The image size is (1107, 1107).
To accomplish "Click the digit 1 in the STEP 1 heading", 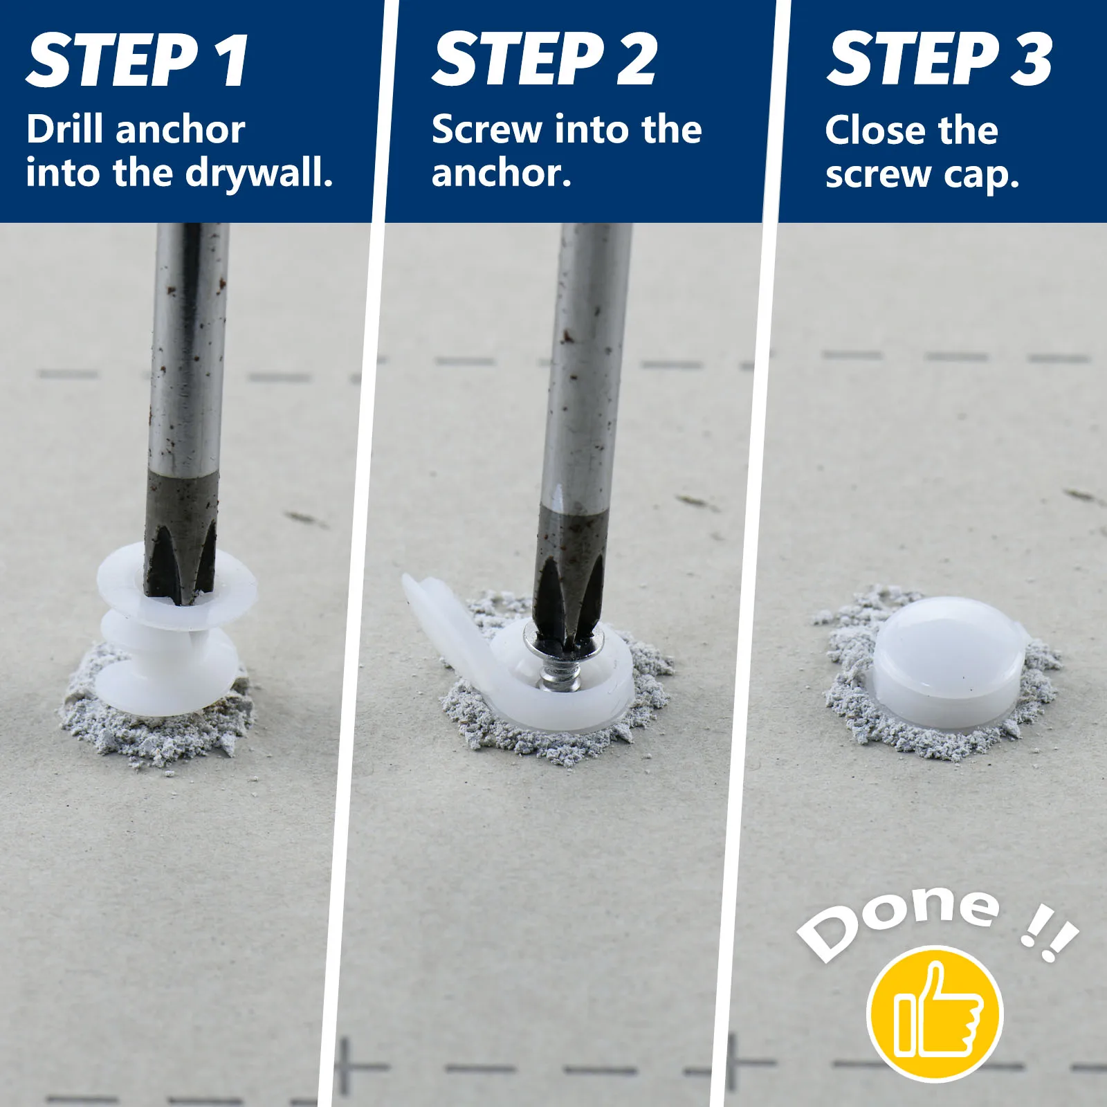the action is (232, 60).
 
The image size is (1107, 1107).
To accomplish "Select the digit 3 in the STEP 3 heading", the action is (1031, 60).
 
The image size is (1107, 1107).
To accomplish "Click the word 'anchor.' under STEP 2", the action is (502, 173).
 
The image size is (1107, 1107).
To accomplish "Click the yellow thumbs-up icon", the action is (935, 1014).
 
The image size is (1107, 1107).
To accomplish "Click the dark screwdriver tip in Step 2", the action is (571, 574).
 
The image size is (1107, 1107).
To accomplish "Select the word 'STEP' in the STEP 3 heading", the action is (913, 60).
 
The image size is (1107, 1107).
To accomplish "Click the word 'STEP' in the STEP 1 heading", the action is (113, 60).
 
